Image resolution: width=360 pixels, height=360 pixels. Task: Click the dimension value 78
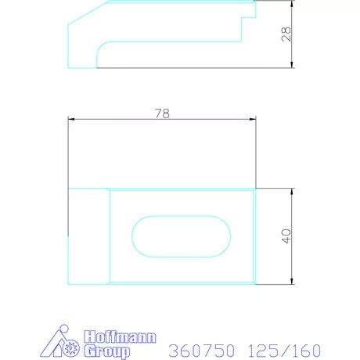point(162,113)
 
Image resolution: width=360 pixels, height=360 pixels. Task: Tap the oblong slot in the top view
point(181,236)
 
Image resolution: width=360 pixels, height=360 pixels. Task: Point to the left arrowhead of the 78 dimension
point(72,119)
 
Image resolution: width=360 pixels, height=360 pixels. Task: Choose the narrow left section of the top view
point(88,236)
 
